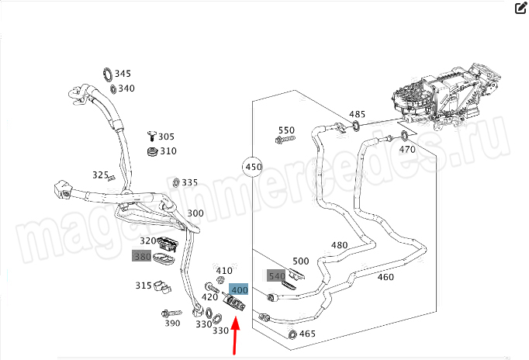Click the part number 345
click(123, 74)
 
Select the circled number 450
click(253, 167)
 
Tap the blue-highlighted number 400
click(239, 289)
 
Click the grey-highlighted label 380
click(142, 257)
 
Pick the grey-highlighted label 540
click(276, 275)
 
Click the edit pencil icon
click(520, 9)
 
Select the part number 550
click(286, 130)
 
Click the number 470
click(407, 150)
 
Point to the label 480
click(340, 245)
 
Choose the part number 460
click(386, 277)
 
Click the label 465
click(307, 334)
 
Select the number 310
click(168, 151)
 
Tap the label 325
click(100, 175)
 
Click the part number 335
click(189, 183)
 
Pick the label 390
click(172, 324)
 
